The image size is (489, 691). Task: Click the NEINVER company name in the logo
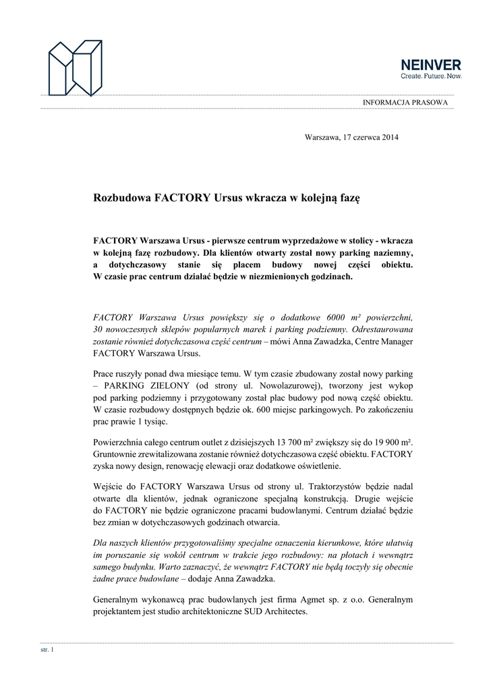(x=431, y=65)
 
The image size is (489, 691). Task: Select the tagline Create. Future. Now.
(x=431, y=77)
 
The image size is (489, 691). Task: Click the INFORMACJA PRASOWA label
(x=405, y=102)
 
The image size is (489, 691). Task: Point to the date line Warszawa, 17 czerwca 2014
(x=351, y=138)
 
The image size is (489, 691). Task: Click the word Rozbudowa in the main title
(x=122, y=199)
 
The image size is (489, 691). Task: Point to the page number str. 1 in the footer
(x=47, y=650)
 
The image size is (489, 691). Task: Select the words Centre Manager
(x=382, y=341)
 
